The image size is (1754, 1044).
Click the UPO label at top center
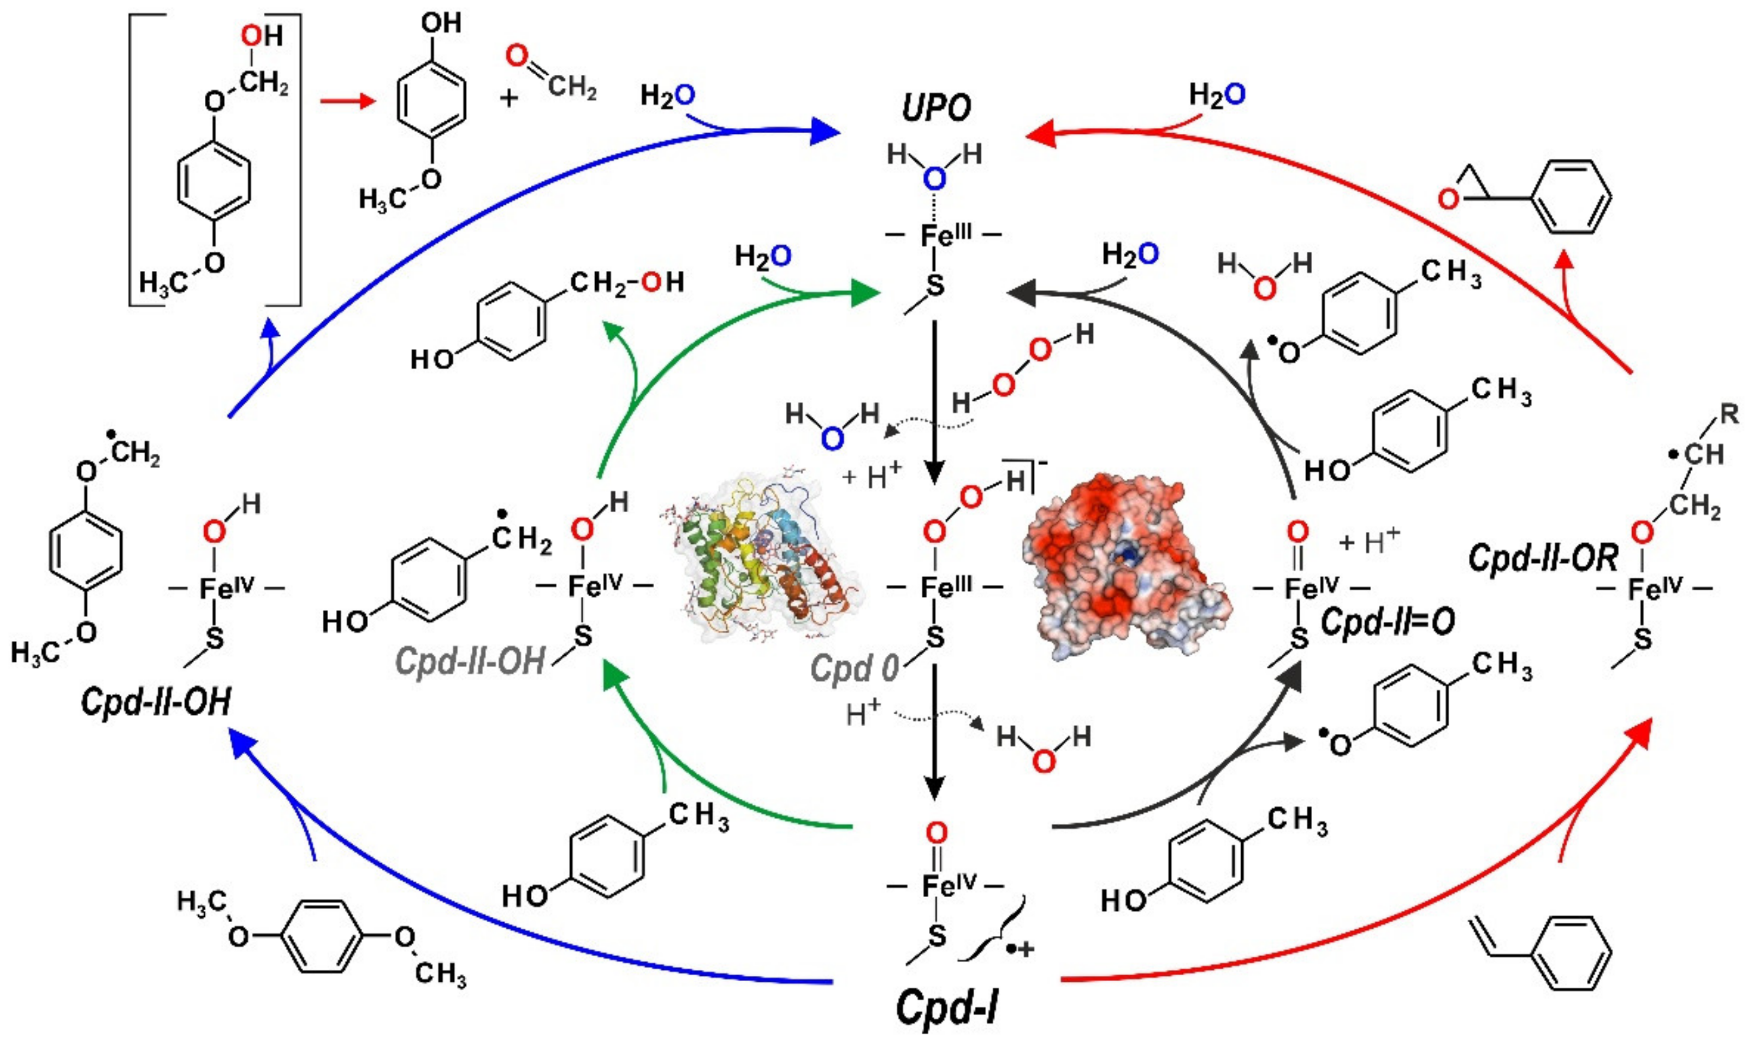tap(937, 108)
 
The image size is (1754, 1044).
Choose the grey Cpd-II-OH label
tap(470, 661)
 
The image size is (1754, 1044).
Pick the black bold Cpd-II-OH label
tap(156, 702)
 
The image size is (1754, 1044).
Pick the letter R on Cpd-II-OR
tap(1729, 414)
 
